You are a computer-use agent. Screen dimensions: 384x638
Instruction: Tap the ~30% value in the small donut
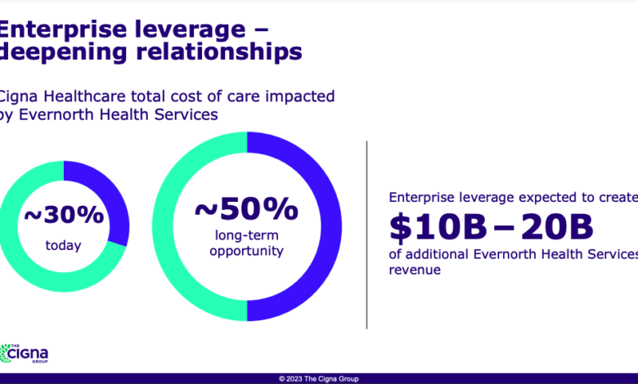pyautogui.click(x=64, y=215)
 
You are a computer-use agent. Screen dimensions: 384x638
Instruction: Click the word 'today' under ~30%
pyautogui.click(x=64, y=244)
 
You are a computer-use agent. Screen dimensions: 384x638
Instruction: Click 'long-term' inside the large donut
pyautogui.click(x=246, y=235)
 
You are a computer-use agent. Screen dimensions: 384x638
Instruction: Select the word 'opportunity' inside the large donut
pyautogui.click(x=246, y=251)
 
